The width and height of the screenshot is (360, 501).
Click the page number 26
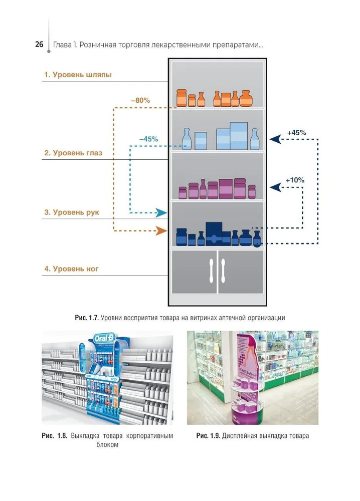pyautogui.click(x=39, y=45)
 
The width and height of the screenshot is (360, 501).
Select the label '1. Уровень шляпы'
pyautogui.click(x=78, y=75)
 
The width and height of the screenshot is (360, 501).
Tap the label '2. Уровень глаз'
pyautogui.click(x=73, y=153)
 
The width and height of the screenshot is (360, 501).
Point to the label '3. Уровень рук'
pyautogui.click(x=72, y=212)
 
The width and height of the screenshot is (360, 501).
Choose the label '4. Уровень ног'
pyautogui.click(x=71, y=269)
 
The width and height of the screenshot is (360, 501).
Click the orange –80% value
pyautogui.click(x=140, y=100)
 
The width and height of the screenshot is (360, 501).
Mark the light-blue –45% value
pyautogui.click(x=148, y=139)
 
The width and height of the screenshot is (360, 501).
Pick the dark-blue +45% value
pyautogui.click(x=296, y=132)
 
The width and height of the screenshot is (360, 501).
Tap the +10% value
pyautogui.click(x=295, y=179)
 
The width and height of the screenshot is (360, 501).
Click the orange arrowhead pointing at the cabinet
pyautogui.click(x=160, y=231)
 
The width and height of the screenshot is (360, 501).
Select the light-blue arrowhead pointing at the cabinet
pyautogui.click(x=161, y=213)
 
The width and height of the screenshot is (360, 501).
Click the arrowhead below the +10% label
pyautogui.click(x=274, y=187)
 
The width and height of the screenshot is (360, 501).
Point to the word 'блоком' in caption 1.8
pyautogui.click(x=107, y=445)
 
